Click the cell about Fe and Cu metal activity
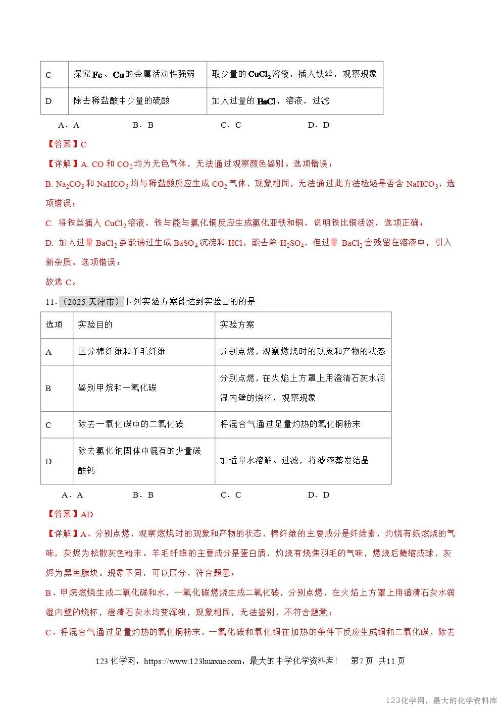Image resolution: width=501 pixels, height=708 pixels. click(x=134, y=74)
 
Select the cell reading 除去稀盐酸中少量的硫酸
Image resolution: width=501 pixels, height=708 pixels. click(x=122, y=101)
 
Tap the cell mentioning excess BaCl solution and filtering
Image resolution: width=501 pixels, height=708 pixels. click(x=270, y=101)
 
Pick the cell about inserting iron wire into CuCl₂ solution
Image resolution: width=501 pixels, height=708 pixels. click(x=294, y=74)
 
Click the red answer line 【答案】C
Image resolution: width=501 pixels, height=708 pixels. click(x=67, y=144)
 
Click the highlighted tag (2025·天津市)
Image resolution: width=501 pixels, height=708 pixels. click(x=91, y=302)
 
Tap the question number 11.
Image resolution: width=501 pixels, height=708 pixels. click(x=50, y=302)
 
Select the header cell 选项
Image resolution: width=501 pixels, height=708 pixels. click(x=55, y=324)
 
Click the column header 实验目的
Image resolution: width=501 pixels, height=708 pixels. click(x=95, y=324)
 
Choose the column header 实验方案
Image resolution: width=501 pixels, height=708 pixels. click(x=237, y=324)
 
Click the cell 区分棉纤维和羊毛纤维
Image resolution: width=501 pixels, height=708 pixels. click(x=122, y=351)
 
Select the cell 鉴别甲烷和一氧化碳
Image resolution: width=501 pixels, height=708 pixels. click(x=117, y=388)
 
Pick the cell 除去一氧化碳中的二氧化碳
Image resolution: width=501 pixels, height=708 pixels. click(x=131, y=424)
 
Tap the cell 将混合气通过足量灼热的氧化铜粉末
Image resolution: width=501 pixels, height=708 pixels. click(x=290, y=424)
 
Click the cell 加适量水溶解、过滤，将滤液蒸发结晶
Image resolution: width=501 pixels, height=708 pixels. click(x=294, y=460)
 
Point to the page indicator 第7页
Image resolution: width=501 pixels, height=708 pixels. click(x=362, y=661)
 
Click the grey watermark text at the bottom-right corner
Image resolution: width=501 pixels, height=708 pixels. click(x=442, y=700)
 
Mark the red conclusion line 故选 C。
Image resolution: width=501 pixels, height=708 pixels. click(x=61, y=282)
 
